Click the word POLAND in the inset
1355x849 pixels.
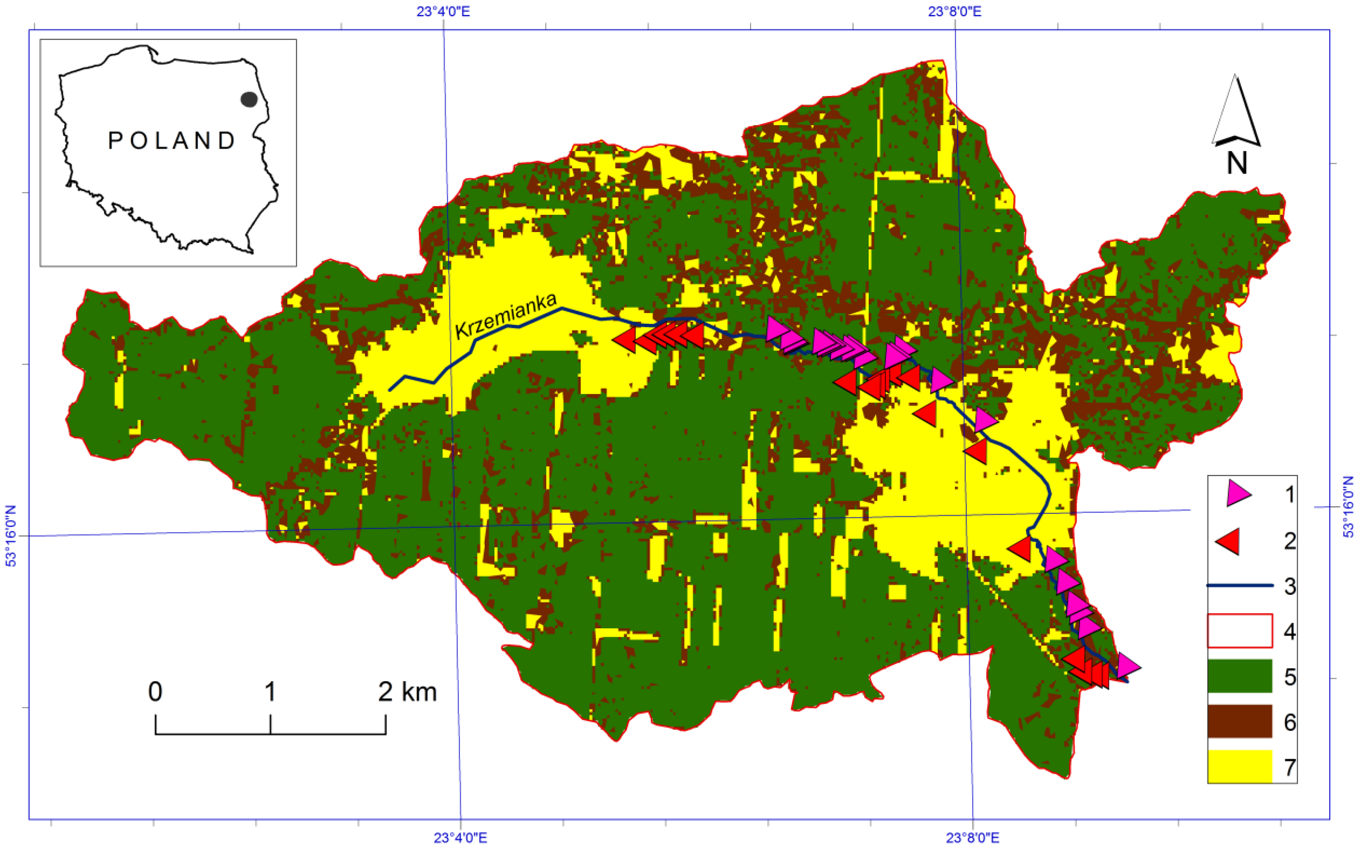[172, 141]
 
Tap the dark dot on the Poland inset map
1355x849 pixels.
[248, 99]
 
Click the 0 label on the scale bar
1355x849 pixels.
[155, 691]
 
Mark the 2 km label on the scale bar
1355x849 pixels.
[407, 691]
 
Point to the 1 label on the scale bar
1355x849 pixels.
[270, 691]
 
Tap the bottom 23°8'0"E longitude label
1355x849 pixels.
[973, 838]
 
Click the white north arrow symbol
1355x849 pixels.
[1235, 115]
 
